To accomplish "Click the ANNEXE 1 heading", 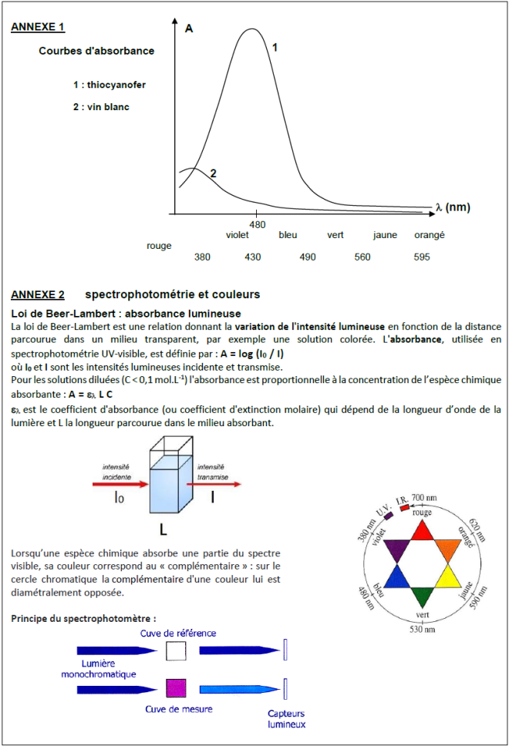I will tap(38, 28).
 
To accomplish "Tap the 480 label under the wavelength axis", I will tap(258, 224).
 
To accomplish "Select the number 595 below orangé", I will tap(421, 257).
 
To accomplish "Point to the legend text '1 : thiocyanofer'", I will tap(110, 85).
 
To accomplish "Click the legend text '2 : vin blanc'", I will tap(101, 107).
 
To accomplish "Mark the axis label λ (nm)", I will tap(452, 207).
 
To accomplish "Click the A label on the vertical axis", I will tap(189, 29).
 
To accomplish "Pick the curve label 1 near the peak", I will tap(275, 47).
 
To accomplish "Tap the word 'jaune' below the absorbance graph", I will tap(385, 235).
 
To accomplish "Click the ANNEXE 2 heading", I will tap(38, 294).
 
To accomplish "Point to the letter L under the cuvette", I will tap(163, 530).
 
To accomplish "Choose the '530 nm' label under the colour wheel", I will tap(423, 630).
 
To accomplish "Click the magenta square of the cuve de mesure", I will tap(177, 687).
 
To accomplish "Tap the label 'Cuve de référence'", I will tap(178, 633).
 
